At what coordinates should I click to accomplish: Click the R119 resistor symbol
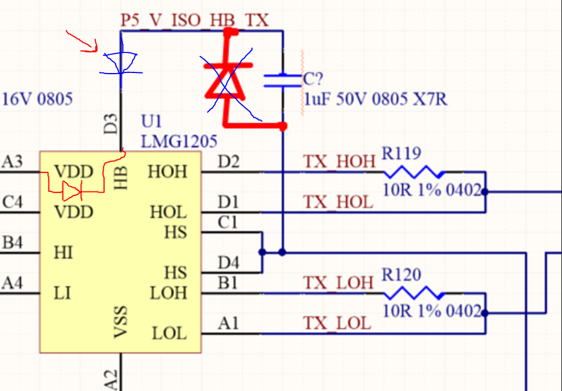tap(414, 172)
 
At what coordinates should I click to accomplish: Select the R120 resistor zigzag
tap(414, 293)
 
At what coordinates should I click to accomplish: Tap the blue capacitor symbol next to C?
tap(283, 81)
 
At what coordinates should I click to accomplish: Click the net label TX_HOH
tap(339, 161)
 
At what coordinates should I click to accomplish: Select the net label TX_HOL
tap(338, 202)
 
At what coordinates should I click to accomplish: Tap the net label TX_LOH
tap(338, 283)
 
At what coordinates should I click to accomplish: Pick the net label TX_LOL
tap(338, 323)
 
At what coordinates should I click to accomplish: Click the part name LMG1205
tap(179, 141)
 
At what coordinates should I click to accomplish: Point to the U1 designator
tap(151, 121)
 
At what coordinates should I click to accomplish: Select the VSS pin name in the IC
tap(121, 322)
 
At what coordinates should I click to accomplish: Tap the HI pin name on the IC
tap(64, 253)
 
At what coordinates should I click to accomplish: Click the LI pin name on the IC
tap(62, 293)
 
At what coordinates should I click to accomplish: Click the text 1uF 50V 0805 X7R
tap(376, 99)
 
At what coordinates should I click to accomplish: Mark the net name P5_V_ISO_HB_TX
tap(194, 20)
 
